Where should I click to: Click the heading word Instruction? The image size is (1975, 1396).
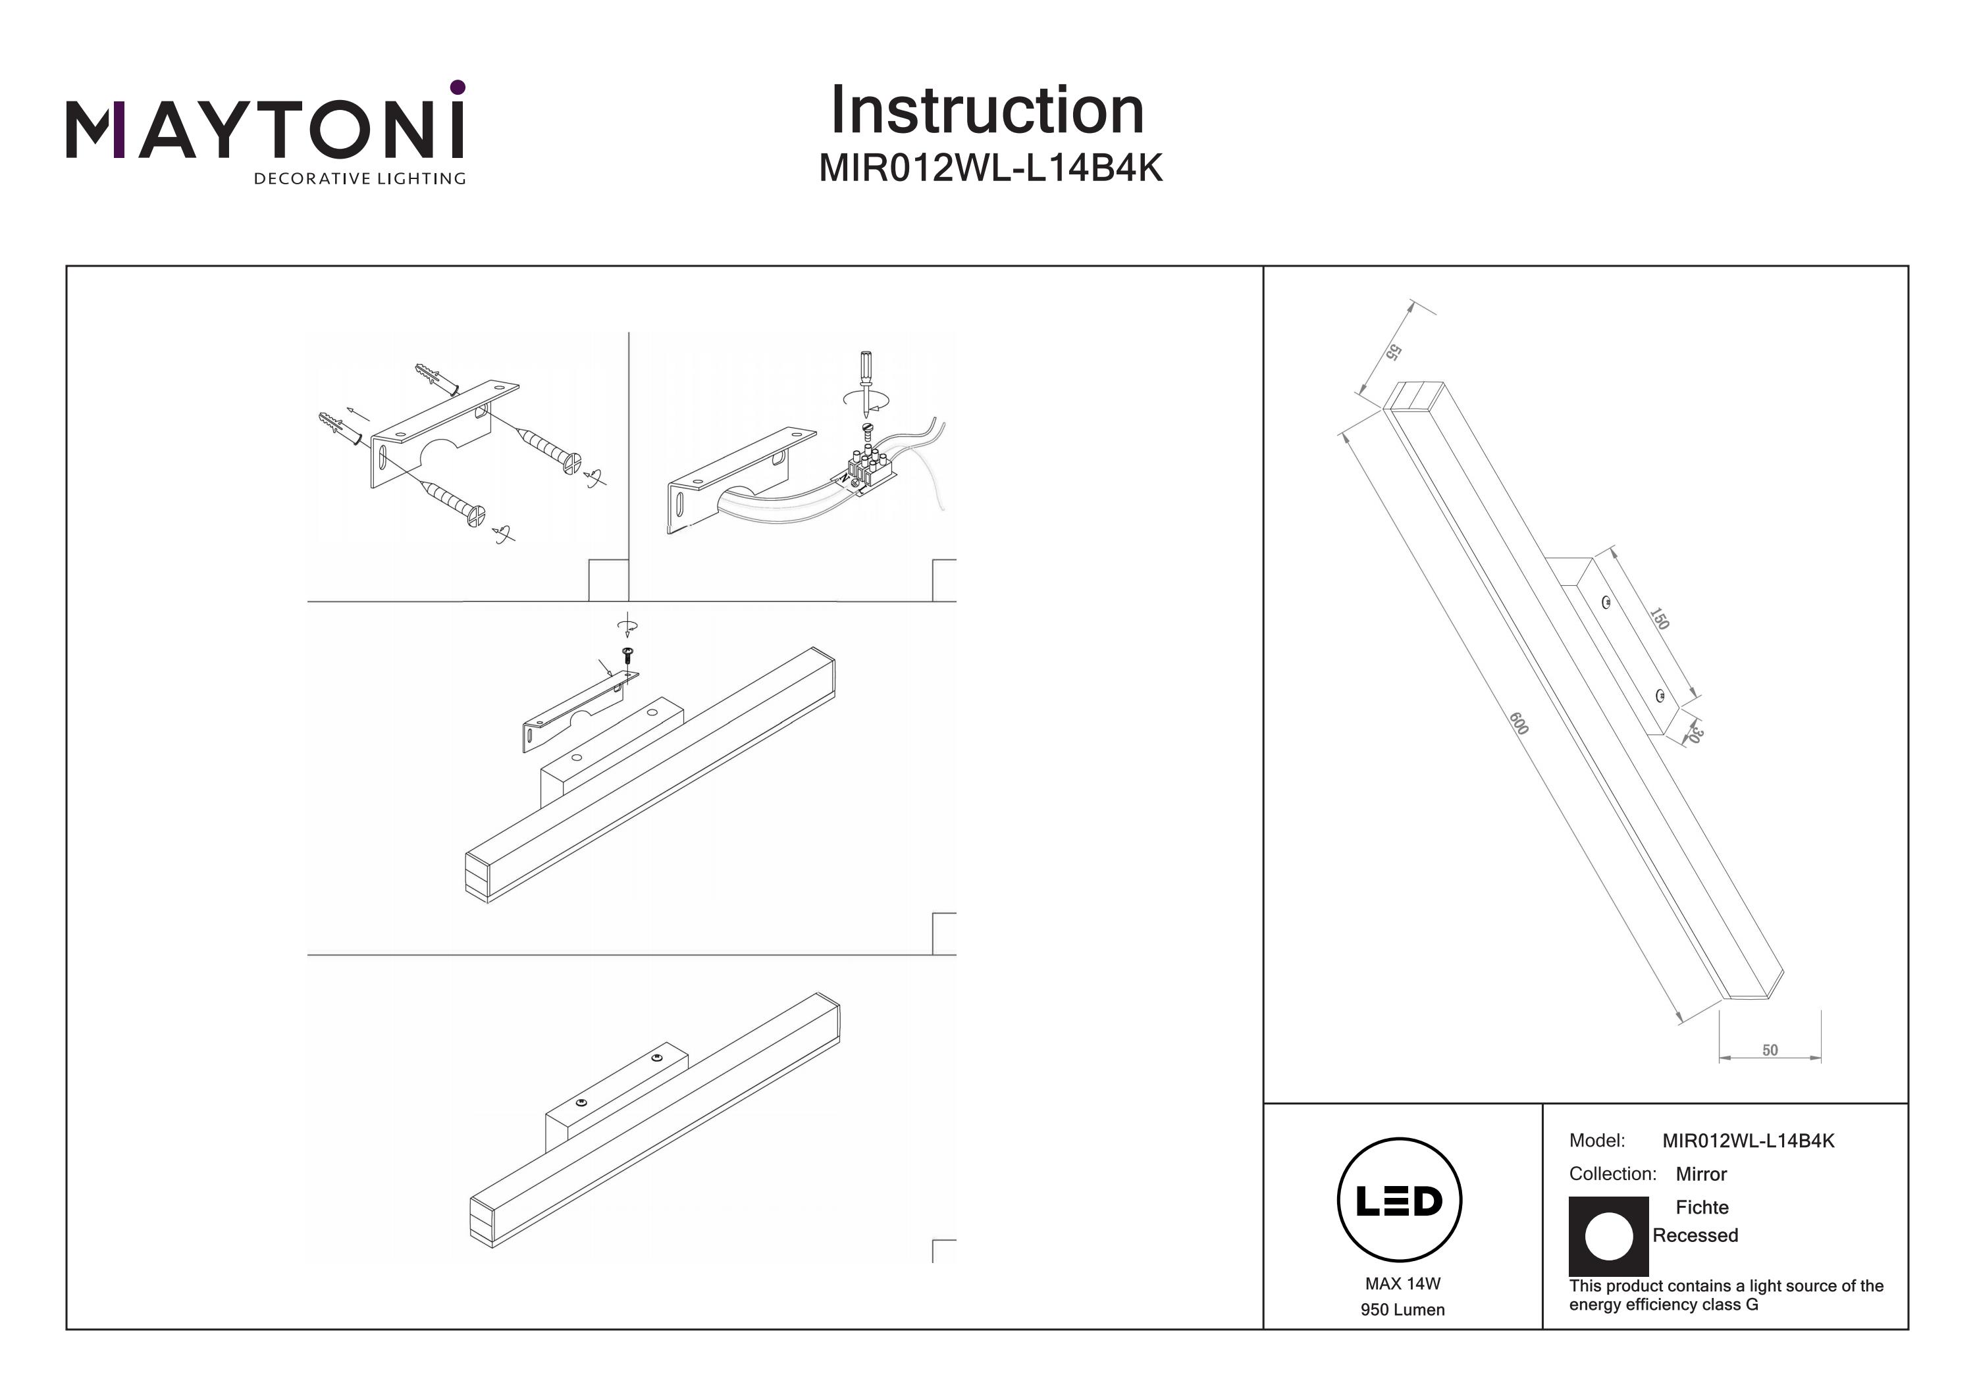987,111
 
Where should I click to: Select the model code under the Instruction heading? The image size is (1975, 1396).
990,168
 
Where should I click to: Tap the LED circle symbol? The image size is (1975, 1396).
1399,1200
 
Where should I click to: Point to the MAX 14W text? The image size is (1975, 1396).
1402,1283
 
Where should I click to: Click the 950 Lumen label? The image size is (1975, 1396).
1402,1310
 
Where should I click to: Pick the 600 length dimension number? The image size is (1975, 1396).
1518,723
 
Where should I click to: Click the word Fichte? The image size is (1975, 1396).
1701,1206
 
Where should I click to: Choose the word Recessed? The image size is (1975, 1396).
1695,1235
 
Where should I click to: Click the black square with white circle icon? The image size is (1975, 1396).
1608,1236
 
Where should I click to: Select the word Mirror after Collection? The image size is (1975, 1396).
1700,1174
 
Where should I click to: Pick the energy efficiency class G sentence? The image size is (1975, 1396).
1725,1295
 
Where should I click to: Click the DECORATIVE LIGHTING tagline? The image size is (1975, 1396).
359,179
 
